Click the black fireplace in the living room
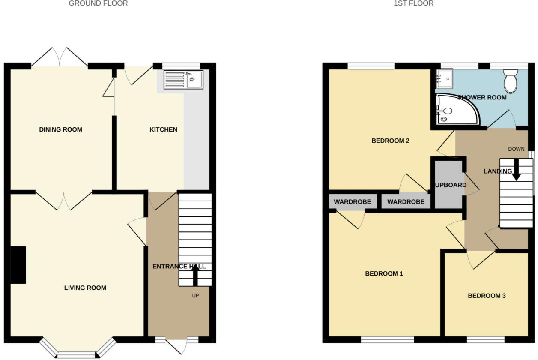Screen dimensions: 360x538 tap(18, 264)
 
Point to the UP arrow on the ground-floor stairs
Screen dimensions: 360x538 tap(195, 274)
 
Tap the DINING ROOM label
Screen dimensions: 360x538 tap(60, 129)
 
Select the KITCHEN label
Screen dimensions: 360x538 tap(163, 129)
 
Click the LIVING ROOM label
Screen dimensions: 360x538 tap(85, 288)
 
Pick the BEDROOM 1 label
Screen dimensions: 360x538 tap(384, 273)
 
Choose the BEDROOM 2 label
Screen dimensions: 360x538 tap(390, 141)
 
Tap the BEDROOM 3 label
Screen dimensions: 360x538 tap(487, 296)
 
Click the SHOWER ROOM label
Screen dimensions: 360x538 tap(482, 97)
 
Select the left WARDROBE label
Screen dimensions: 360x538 tap(352, 201)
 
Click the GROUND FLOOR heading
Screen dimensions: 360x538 tap(98, 3)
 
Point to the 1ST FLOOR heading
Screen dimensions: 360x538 tap(413, 3)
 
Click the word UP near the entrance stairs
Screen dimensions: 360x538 tap(195, 295)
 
